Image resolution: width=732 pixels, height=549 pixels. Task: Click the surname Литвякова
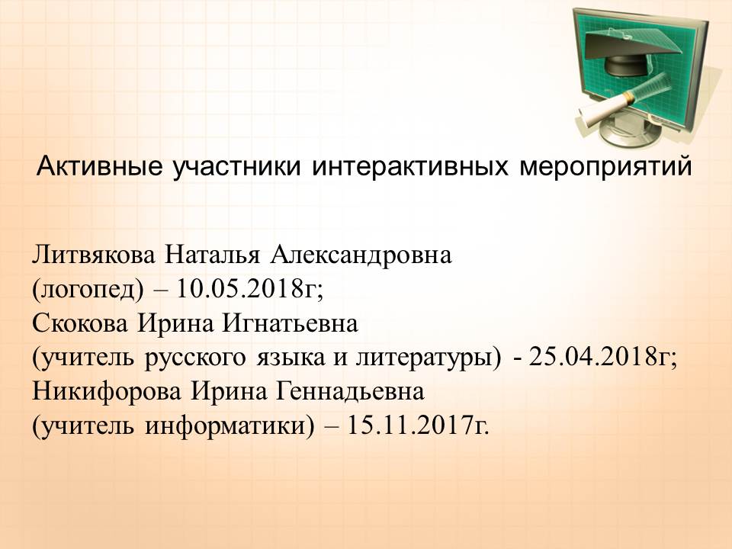93,255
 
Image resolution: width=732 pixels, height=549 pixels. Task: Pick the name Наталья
211,255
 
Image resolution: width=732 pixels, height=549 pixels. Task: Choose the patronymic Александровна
361,255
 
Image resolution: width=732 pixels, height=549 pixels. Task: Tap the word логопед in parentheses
88,290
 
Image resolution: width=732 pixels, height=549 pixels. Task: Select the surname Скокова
80,323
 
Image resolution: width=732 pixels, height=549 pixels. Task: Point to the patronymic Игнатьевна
290,323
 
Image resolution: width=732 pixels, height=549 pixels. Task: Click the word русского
194,358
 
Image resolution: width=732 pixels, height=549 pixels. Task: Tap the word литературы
425,358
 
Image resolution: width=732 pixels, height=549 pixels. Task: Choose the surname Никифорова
107,391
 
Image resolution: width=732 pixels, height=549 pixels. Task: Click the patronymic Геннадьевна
351,391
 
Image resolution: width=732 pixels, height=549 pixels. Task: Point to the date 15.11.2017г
417,425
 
